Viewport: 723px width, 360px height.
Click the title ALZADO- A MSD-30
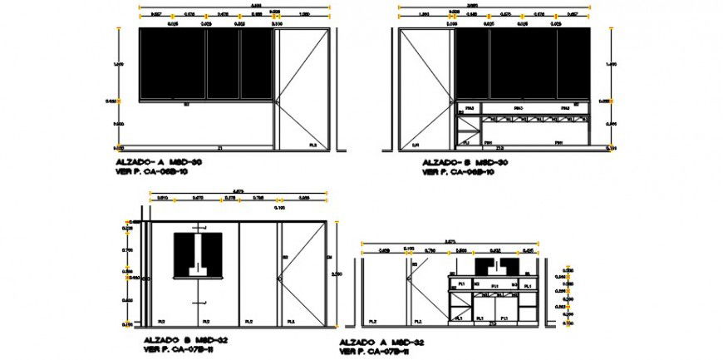coord(157,162)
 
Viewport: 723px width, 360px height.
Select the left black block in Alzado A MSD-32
coord(484,266)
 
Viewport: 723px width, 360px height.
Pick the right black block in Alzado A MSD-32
coord(509,266)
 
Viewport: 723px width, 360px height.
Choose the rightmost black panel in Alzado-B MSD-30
coord(572,64)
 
